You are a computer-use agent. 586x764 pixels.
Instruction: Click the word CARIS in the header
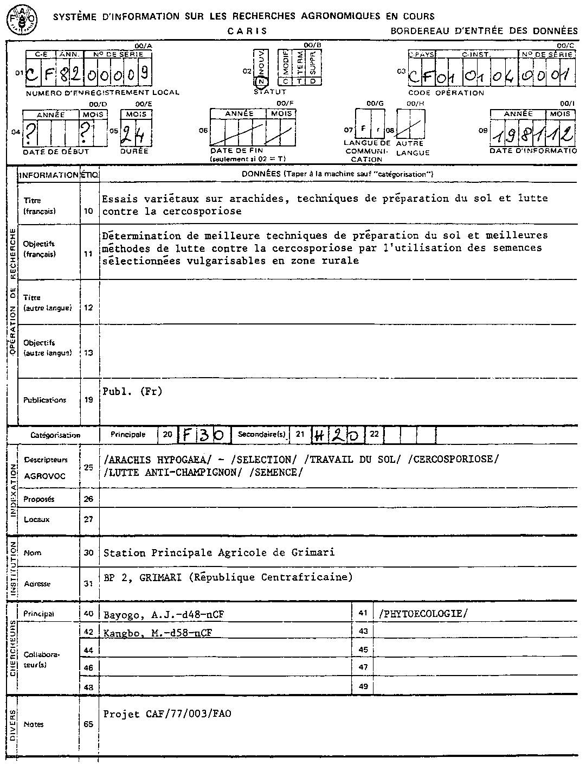(247, 31)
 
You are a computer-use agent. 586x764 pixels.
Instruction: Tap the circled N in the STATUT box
(261, 81)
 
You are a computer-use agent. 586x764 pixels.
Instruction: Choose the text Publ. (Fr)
(132, 391)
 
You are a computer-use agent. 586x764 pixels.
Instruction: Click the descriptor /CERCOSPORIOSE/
(453, 459)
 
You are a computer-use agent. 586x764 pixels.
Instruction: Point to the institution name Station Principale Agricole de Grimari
(219, 553)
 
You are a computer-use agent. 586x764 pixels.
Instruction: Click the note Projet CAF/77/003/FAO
(167, 714)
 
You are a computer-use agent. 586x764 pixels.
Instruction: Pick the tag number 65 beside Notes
(89, 724)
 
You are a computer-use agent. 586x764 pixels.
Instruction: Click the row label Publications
(44, 400)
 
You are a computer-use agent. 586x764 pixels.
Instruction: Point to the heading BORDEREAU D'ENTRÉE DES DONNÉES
(484, 31)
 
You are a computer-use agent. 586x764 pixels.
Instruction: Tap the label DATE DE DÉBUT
(56, 152)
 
